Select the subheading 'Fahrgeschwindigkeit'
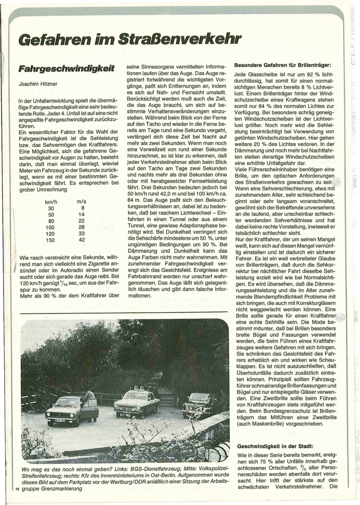pos(66,69)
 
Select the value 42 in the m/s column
pos(82,240)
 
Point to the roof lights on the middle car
pos(135,388)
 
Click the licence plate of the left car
pos(60,420)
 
